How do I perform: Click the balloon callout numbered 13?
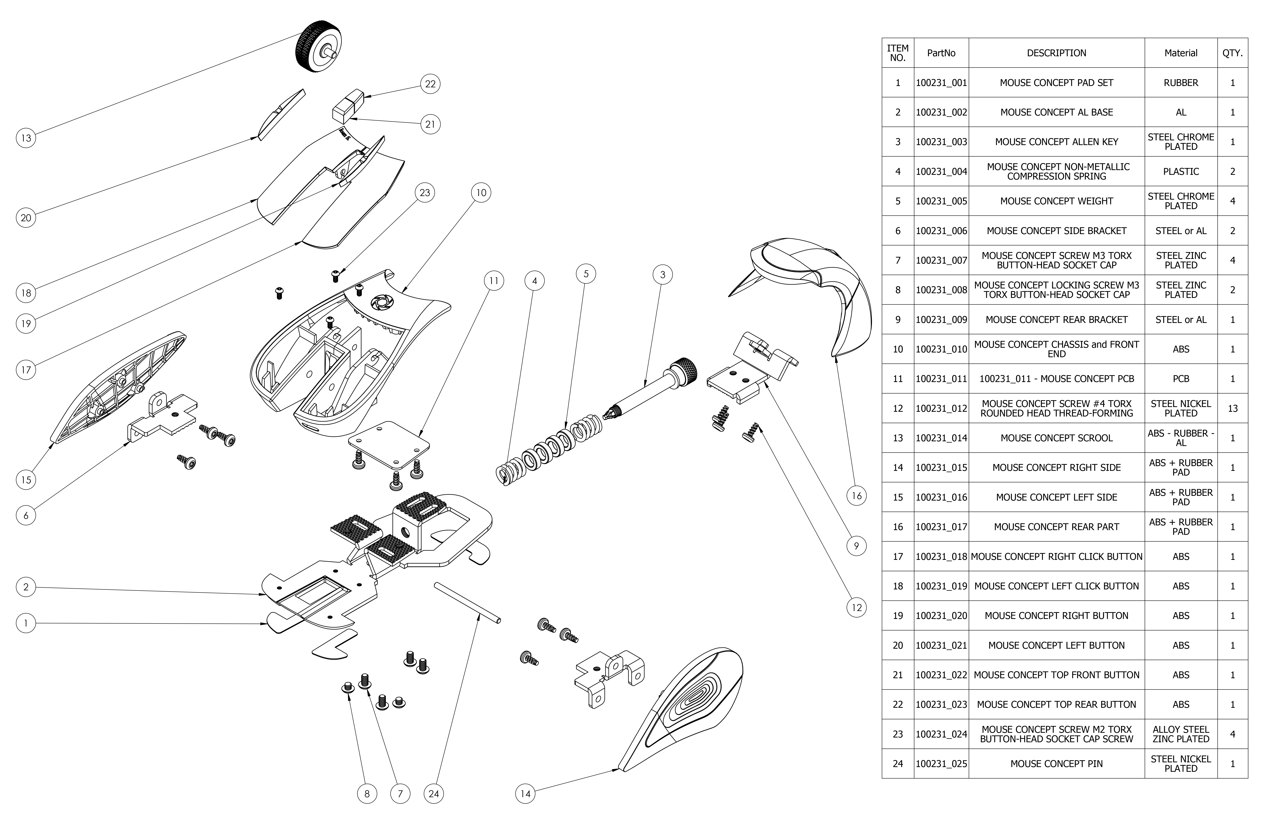pos(26,138)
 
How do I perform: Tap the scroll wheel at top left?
pos(318,47)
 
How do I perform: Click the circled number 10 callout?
pos(481,193)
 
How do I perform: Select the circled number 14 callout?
pos(525,794)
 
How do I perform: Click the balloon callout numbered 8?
pos(367,794)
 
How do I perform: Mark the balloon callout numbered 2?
pos(26,587)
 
